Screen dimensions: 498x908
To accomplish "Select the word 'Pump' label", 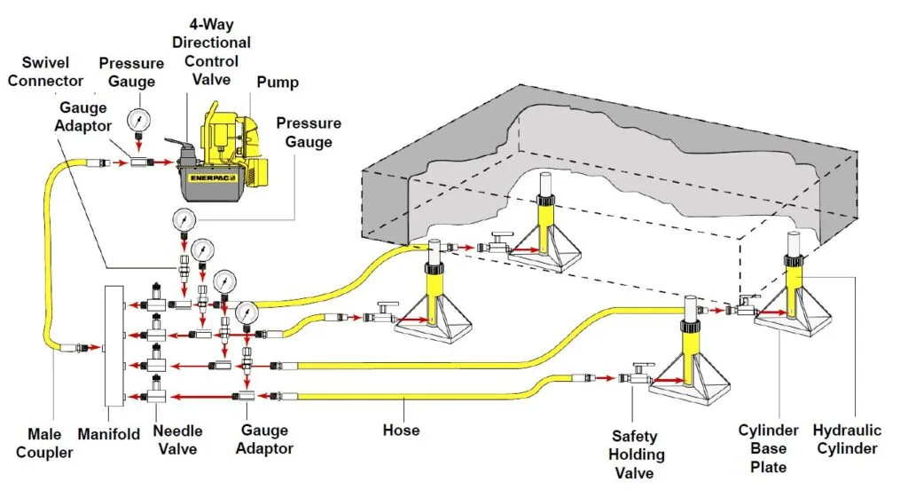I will (278, 83).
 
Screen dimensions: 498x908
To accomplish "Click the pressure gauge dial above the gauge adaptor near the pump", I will (138, 119).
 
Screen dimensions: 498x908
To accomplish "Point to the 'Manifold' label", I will (108, 435).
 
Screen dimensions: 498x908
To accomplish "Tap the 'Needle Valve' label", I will (178, 439).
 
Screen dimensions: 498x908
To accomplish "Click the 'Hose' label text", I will (401, 431).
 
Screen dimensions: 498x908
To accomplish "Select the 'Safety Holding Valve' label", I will (635, 454).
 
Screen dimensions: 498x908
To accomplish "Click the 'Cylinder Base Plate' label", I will (768, 448).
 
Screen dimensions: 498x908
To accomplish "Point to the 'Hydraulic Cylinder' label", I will (848, 439).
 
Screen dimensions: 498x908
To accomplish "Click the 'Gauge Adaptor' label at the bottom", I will (263, 439).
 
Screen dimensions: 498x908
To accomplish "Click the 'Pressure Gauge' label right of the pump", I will (308, 132).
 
